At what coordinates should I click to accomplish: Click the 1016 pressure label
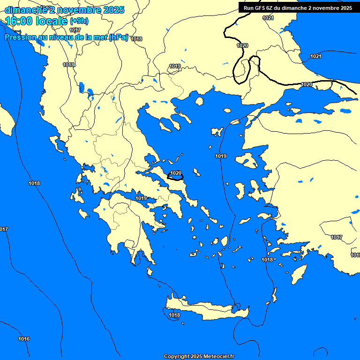(x=24, y=339)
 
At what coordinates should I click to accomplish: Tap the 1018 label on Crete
(x=174, y=315)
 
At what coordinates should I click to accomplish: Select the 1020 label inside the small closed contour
(x=176, y=173)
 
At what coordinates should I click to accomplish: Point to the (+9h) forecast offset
(x=79, y=21)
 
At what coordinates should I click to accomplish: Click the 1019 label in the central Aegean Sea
(x=221, y=156)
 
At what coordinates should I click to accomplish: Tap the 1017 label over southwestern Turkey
(x=337, y=237)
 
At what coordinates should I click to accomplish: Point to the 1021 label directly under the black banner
(x=268, y=18)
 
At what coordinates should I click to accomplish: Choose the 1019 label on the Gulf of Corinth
(x=141, y=198)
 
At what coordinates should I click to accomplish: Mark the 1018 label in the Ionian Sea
(x=34, y=183)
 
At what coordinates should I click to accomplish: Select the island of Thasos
(x=199, y=101)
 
